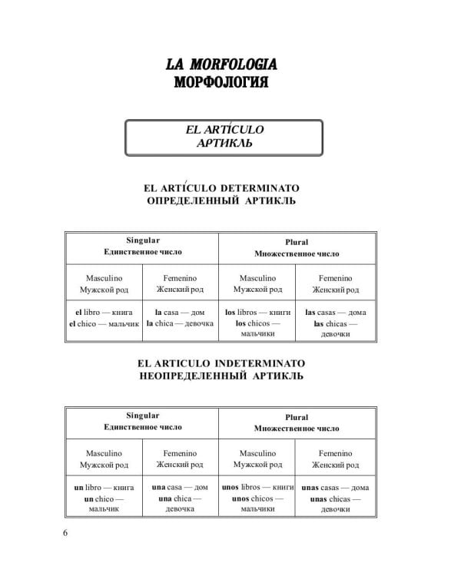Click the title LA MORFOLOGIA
point(221,64)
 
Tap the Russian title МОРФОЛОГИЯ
point(221,81)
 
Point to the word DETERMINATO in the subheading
point(260,187)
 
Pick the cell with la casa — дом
point(181,313)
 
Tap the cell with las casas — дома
point(335,313)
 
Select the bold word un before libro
point(78,488)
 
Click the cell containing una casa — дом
point(181,488)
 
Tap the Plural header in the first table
point(297,242)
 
